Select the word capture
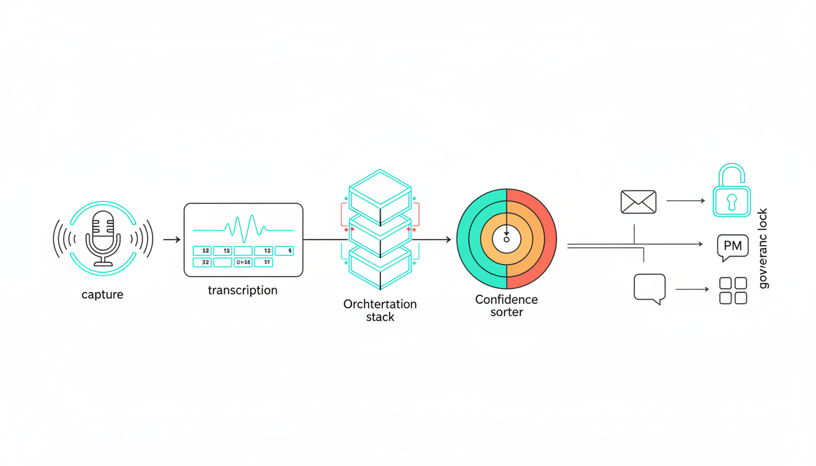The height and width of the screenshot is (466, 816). click(x=102, y=295)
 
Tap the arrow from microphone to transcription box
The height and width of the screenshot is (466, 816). click(x=172, y=240)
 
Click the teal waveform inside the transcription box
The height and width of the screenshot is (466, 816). click(x=243, y=229)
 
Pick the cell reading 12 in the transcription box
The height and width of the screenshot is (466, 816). click(x=263, y=251)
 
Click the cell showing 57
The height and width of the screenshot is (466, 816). click(x=263, y=263)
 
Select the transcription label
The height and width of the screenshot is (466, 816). click(x=242, y=290)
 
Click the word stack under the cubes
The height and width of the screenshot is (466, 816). click(x=380, y=317)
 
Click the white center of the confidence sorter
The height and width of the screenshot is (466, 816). click(x=506, y=240)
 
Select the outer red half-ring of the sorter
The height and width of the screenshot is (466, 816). click(x=547, y=238)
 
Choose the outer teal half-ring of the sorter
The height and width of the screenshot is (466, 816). click(x=465, y=238)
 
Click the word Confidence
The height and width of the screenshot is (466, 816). click(x=506, y=300)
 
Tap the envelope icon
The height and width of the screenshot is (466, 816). click(x=638, y=202)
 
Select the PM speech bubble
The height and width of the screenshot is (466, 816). click(x=732, y=246)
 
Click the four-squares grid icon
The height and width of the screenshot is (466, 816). click(x=733, y=291)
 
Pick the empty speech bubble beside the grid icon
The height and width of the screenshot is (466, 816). click(x=650, y=288)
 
